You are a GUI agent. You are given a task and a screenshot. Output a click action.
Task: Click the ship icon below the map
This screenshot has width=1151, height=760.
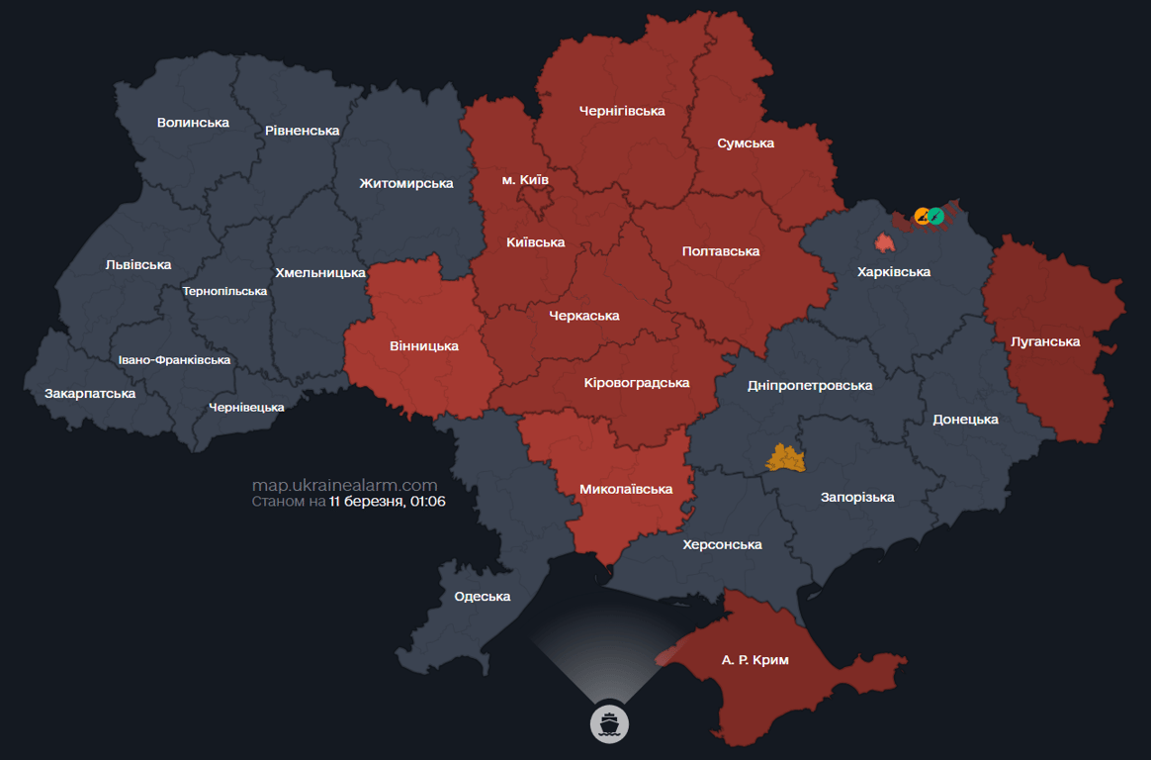tap(609, 723)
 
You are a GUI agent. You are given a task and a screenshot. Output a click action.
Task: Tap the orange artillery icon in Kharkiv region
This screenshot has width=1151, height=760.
tap(923, 216)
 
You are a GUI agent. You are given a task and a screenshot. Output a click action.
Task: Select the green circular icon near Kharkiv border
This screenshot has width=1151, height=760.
tap(936, 216)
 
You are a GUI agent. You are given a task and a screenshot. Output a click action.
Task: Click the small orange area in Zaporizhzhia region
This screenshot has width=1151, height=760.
tap(786, 457)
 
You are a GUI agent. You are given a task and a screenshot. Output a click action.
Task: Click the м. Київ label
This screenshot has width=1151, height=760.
tap(525, 179)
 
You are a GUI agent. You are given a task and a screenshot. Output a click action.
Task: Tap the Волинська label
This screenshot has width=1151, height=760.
tap(193, 123)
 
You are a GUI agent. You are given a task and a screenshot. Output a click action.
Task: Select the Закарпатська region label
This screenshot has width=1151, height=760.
tap(90, 393)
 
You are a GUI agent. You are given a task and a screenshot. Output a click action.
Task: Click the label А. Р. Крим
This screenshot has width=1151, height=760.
tap(754, 659)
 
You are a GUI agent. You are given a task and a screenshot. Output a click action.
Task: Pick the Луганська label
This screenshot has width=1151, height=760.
tap(1045, 341)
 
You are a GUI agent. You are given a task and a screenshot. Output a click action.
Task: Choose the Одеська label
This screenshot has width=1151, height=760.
tap(483, 596)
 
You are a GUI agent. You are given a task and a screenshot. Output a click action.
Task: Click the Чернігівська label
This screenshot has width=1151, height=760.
tap(622, 111)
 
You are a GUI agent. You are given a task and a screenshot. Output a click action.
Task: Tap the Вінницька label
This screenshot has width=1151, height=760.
tap(424, 345)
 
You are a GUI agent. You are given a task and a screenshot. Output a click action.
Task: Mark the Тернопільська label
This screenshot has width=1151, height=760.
tap(224, 291)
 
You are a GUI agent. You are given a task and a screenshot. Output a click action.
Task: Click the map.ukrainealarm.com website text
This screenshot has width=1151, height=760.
tap(344, 485)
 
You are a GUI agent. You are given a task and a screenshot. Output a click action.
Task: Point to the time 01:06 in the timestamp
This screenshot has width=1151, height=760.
tap(427, 502)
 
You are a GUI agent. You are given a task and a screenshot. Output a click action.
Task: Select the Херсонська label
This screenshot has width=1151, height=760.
tap(722, 544)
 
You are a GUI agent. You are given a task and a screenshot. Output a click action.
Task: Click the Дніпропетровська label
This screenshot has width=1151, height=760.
tap(810, 385)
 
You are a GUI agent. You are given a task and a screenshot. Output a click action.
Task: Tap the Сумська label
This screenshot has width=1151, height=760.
tap(746, 143)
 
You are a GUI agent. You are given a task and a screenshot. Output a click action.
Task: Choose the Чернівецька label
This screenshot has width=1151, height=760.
tap(246, 407)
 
